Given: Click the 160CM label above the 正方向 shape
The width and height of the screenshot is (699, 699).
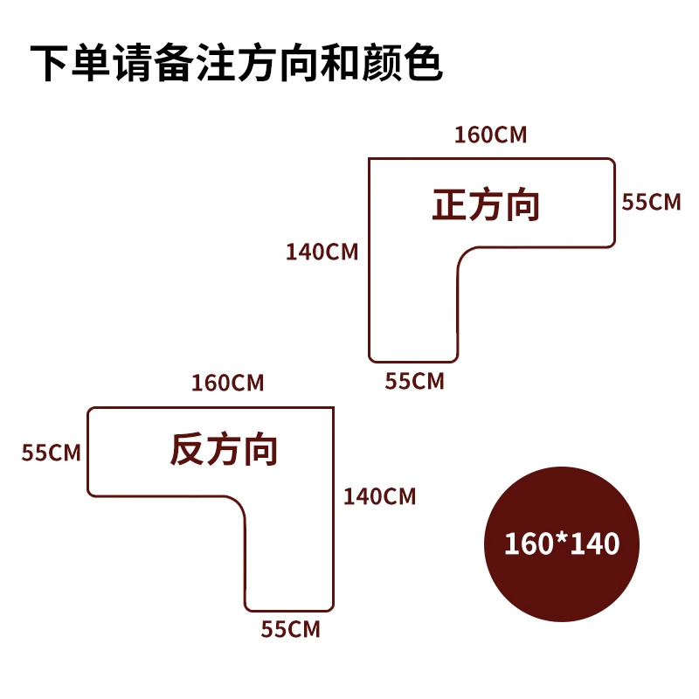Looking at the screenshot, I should click(490, 135).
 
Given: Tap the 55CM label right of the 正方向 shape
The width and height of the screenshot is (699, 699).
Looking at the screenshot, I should click(650, 202).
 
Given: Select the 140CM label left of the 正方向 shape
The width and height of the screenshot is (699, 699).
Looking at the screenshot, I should click(322, 252).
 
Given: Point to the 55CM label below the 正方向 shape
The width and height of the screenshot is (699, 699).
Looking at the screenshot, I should click(415, 381).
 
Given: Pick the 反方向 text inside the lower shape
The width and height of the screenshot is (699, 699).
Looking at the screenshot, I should click(224, 450).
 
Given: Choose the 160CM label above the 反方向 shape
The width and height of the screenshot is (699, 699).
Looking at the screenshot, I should click(228, 383).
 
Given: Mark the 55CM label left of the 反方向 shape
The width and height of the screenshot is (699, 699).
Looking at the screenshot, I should click(52, 453).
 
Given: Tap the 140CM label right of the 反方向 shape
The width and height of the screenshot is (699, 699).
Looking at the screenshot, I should click(379, 497).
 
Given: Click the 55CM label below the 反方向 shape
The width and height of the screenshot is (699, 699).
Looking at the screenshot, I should click(291, 629).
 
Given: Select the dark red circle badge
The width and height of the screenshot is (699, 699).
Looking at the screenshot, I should click(562, 543).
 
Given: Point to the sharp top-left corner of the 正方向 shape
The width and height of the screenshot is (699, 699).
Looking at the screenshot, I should click(369, 158).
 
